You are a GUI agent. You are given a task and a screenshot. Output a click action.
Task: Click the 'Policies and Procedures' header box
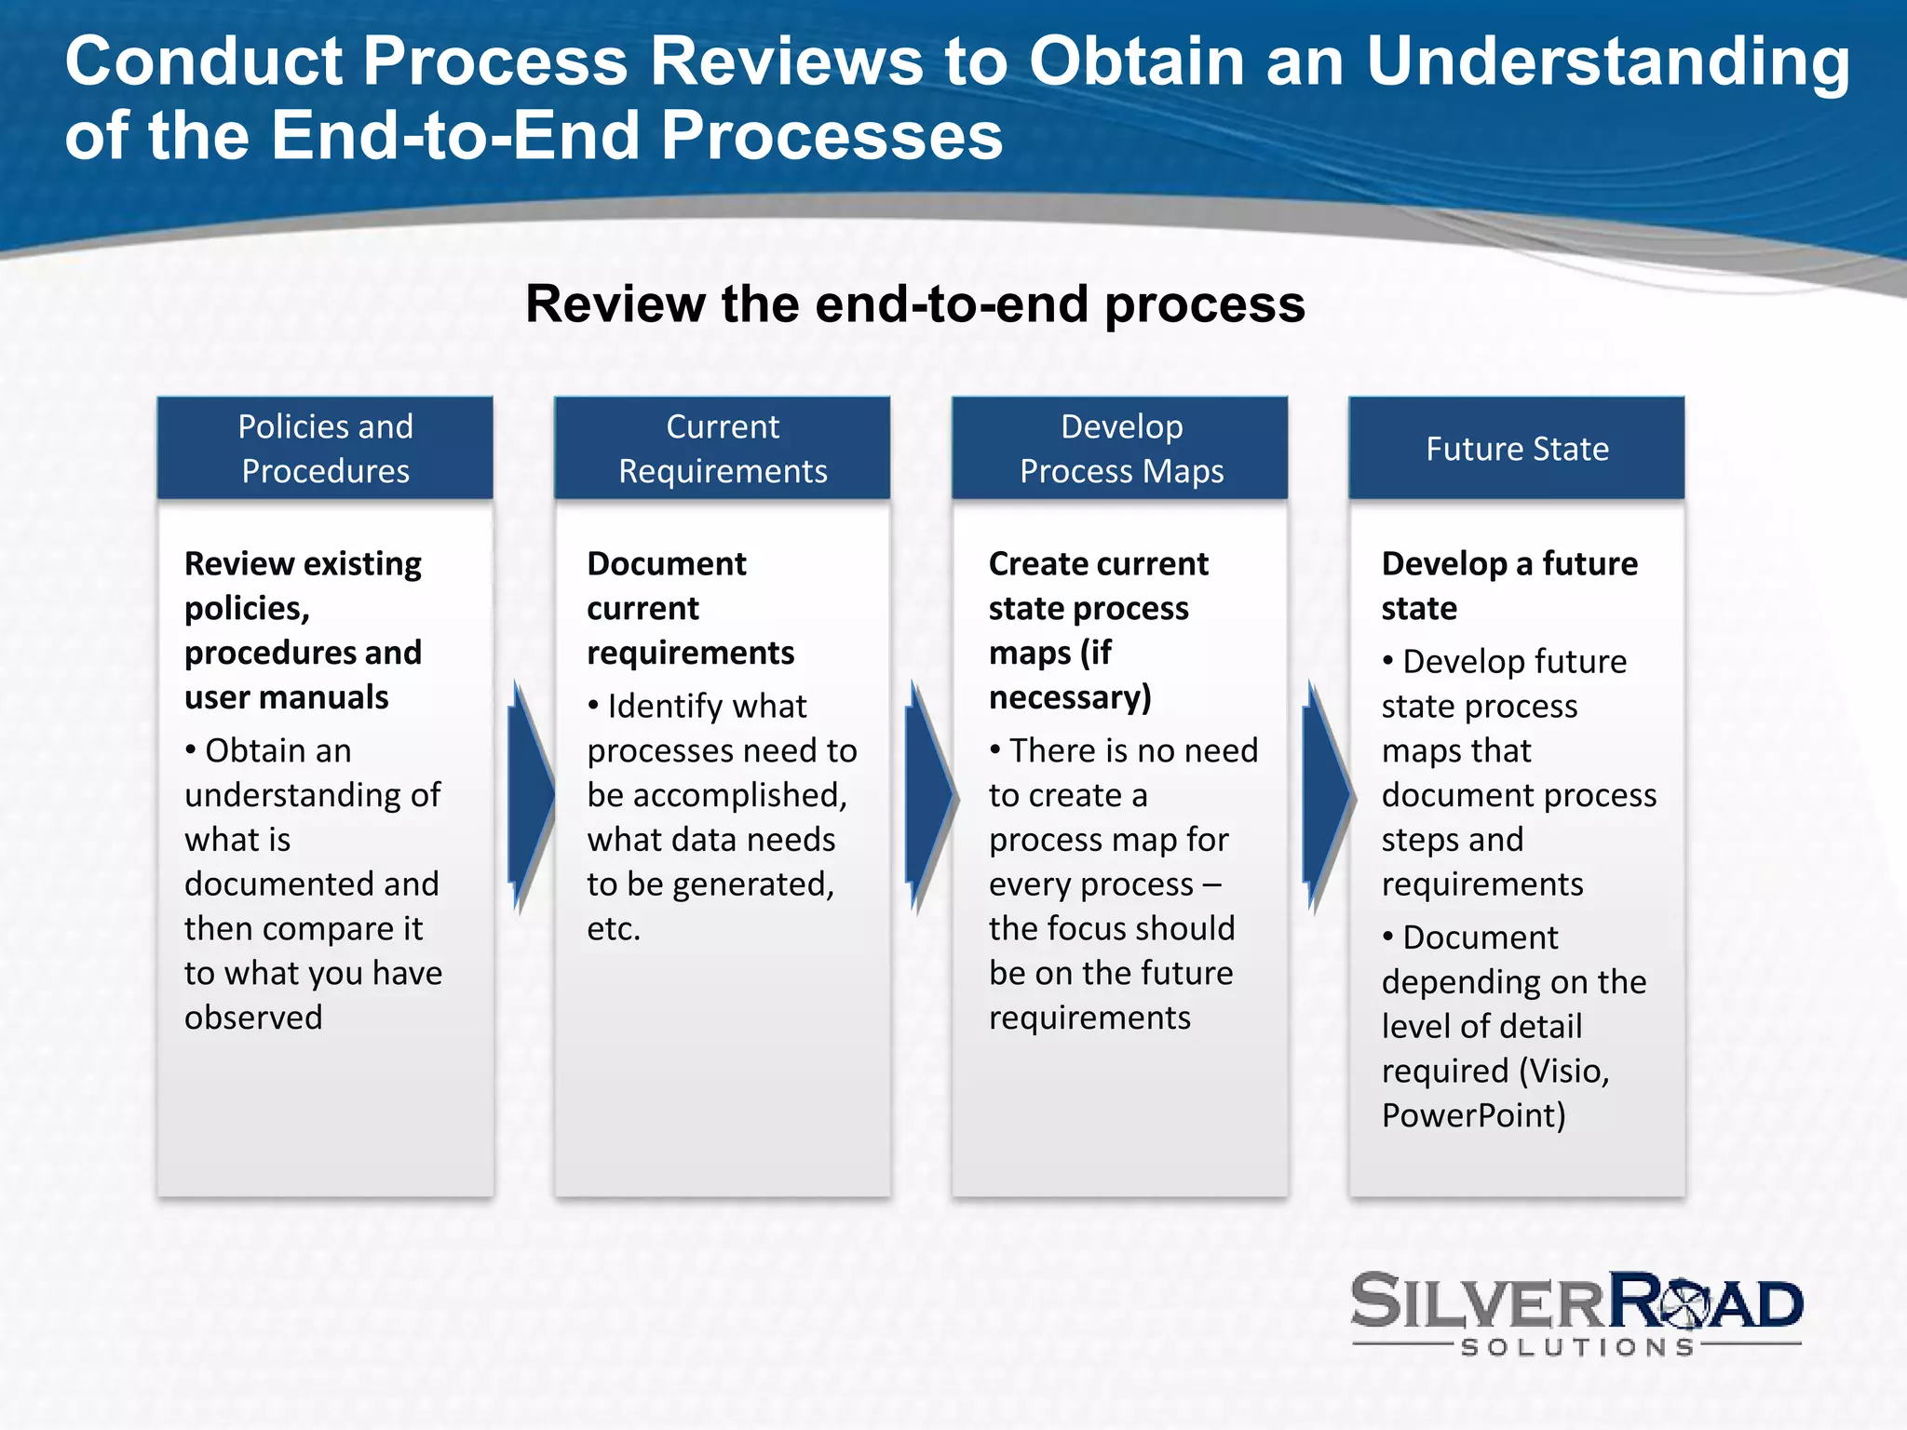click(x=325, y=449)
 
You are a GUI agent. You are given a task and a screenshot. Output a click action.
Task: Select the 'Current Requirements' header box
click(x=723, y=449)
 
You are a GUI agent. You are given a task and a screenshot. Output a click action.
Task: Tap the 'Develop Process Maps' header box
click(x=1120, y=449)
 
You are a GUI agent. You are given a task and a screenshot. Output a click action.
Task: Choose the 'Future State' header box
click(x=1517, y=449)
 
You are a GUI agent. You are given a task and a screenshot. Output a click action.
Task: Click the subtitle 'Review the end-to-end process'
click(x=915, y=304)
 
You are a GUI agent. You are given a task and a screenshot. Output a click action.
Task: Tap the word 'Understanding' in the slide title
click(x=1607, y=61)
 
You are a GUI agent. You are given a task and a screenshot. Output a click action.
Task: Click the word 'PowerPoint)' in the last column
click(x=1473, y=1115)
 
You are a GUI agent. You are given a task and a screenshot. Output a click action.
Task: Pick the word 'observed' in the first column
click(x=253, y=1018)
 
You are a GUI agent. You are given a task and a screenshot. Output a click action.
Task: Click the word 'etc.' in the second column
click(x=614, y=929)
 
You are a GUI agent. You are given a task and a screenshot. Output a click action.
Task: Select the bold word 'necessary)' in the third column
click(x=1070, y=697)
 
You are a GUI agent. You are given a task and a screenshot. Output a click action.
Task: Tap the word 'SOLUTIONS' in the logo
click(x=1577, y=1347)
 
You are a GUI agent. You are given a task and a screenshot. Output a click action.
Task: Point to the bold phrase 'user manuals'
click(x=286, y=697)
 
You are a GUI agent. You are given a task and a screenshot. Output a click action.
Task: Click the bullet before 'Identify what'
click(x=593, y=706)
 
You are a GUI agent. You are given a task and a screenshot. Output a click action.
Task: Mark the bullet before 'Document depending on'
click(x=1387, y=937)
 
